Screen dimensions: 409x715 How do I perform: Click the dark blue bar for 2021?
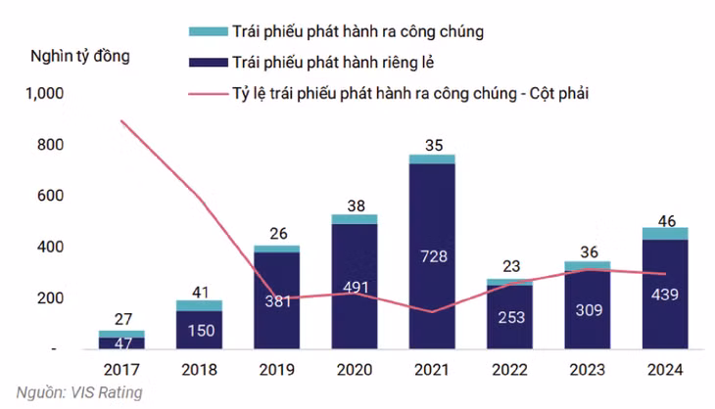(432, 294)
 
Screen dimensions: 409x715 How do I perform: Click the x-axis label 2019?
(277, 370)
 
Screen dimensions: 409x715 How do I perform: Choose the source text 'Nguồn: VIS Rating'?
(72, 392)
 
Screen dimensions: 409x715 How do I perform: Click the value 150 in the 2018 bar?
(200, 330)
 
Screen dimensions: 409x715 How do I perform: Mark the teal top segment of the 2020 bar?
(355, 219)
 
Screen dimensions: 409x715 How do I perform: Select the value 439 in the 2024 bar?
(664, 294)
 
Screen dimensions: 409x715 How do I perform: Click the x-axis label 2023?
(587, 370)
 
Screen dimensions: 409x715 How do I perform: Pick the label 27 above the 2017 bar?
(122, 318)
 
